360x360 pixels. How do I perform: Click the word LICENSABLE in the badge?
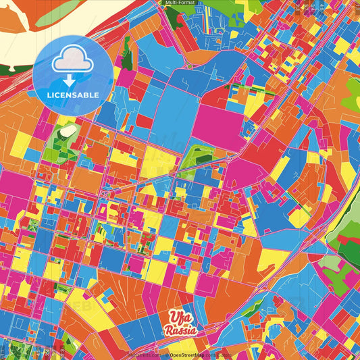(72, 95)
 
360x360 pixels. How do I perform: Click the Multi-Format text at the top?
(180, 3)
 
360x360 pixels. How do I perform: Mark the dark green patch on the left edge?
(5, 67)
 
